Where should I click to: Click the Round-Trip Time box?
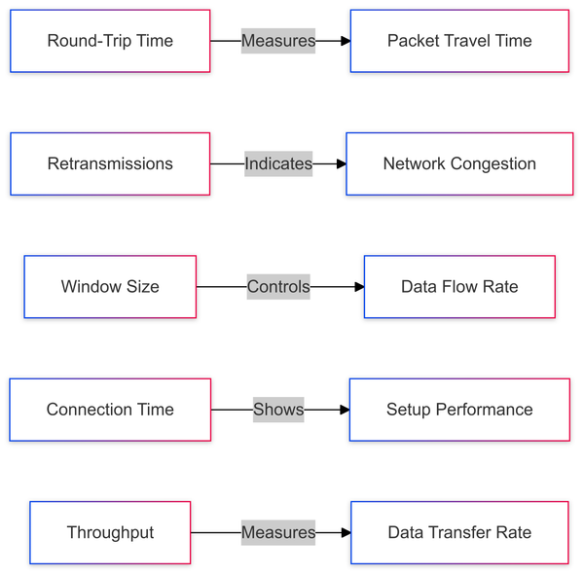(x=110, y=41)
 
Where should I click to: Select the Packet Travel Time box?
(x=459, y=41)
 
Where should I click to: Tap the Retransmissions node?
(x=110, y=163)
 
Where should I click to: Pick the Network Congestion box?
(x=459, y=163)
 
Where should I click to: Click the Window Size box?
(x=110, y=287)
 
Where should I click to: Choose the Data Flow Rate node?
(x=459, y=287)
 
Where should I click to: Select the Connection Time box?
(x=110, y=410)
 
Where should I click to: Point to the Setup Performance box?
(x=459, y=410)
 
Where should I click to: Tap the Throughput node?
(x=110, y=532)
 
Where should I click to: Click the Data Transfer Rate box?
(x=459, y=532)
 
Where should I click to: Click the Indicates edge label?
(x=278, y=163)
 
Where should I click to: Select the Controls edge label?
(x=278, y=287)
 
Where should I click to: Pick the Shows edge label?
(x=278, y=410)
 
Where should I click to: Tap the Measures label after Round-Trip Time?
(x=278, y=41)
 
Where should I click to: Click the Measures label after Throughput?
(x=278, y=532)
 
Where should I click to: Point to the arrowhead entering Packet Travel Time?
(x=345, y=41)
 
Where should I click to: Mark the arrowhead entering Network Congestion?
(x=341, y=163)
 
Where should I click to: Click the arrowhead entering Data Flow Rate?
(x=358, y=287)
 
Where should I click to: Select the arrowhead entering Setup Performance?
(x=344, y=410)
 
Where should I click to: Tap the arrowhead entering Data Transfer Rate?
(x=345, y=532)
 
